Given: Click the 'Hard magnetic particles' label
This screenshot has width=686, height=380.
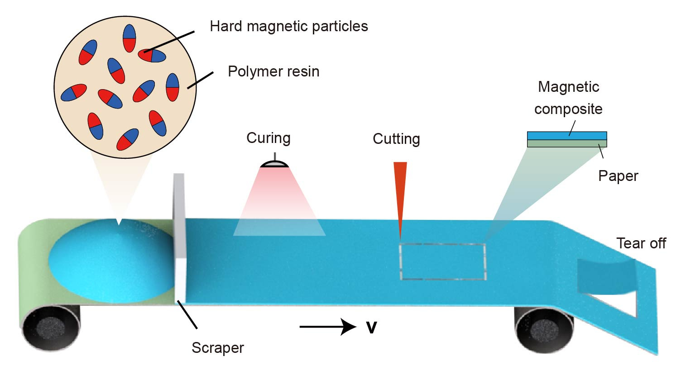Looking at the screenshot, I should click(288, 26).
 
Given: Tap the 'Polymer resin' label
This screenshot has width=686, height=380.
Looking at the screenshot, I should click(273, 71).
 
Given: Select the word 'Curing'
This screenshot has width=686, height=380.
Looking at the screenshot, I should click(268, 138).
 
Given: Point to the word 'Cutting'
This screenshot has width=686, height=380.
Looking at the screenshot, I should click(396, 138).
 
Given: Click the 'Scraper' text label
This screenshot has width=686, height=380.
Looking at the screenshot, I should click(217, 347).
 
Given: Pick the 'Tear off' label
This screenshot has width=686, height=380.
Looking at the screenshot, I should click(641, 243).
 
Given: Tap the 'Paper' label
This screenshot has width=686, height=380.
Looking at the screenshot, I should click(618, 176).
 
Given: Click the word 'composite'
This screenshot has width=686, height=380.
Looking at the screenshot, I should click(568, 109).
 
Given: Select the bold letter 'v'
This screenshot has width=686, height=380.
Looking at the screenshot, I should click(371, 327).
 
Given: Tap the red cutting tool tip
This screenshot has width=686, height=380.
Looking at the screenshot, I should click(400, 235).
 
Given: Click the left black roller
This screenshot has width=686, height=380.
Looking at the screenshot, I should click(51, 327).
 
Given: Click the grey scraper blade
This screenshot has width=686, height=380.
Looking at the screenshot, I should click(179, 235).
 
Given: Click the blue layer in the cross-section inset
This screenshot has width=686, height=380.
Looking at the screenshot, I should click(566, 136).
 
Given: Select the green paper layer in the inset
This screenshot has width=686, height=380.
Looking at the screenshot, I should click(566, 143).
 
